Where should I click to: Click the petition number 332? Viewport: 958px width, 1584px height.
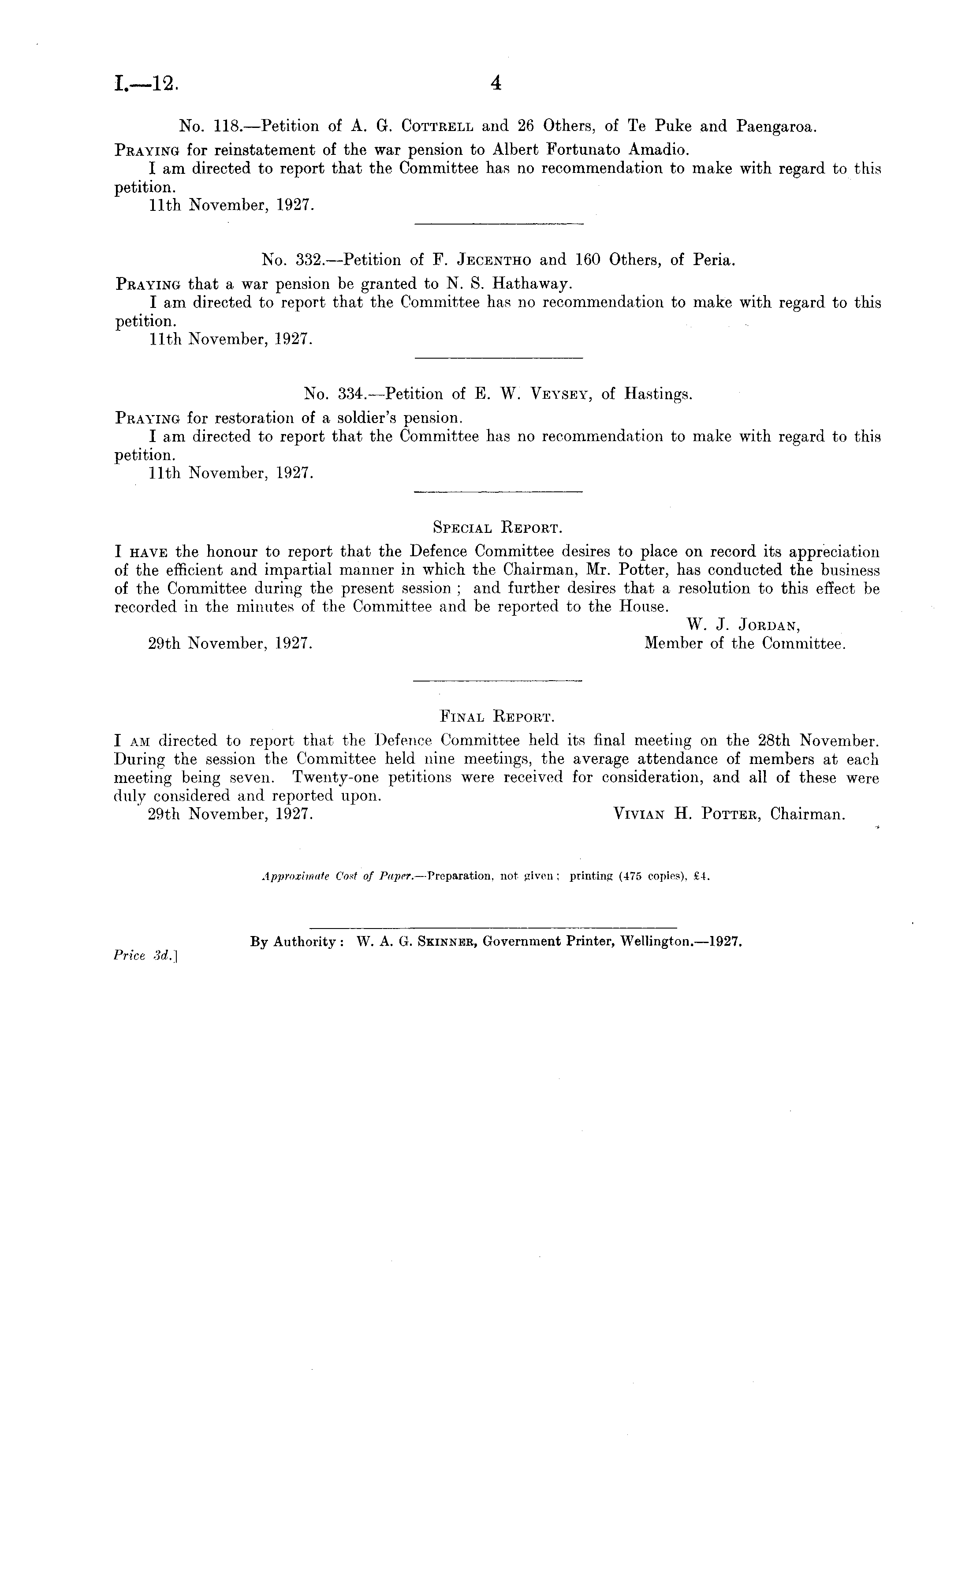coord(313,260)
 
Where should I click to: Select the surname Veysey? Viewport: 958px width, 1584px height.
coord(559,394)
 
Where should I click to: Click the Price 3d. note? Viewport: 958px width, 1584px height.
coord(145,956)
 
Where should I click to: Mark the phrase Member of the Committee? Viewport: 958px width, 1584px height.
coord(745,644)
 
